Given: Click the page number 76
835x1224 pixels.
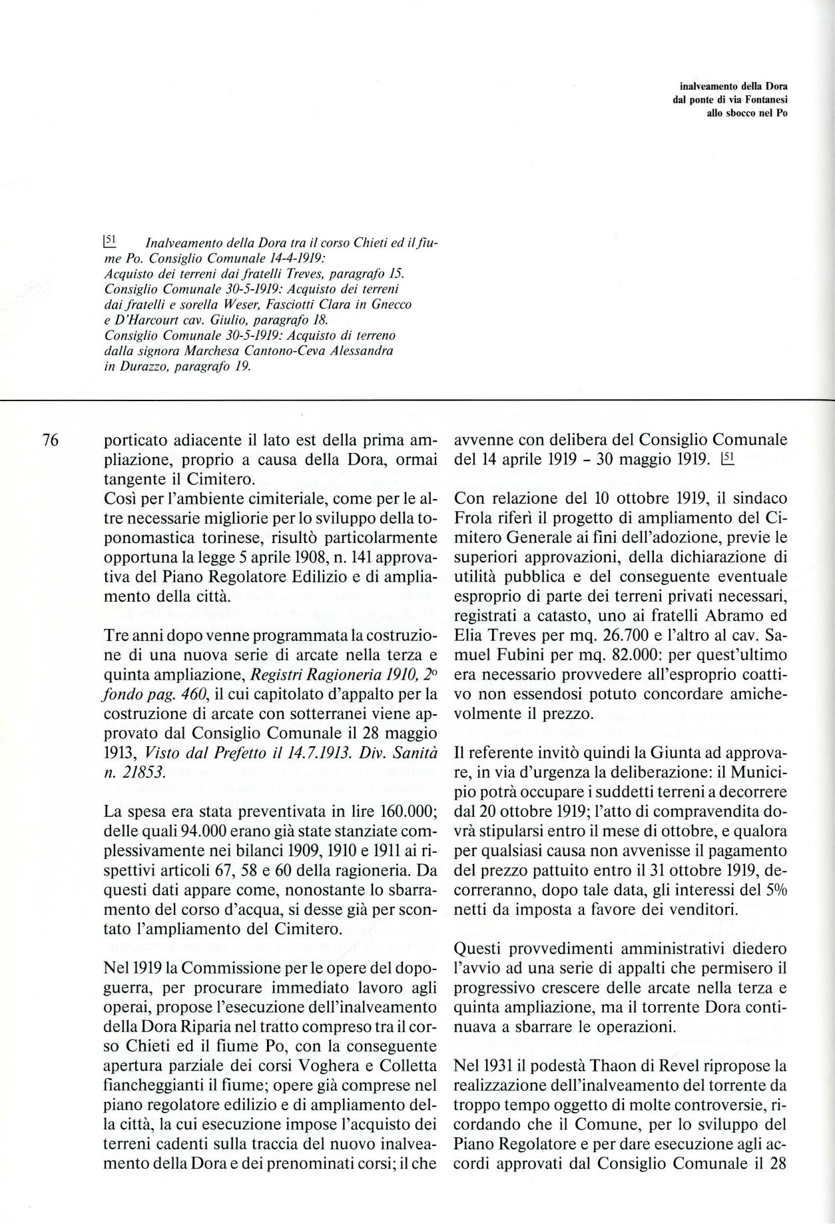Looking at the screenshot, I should coord(51,440).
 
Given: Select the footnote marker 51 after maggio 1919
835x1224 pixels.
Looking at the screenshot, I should coord(727,459).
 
